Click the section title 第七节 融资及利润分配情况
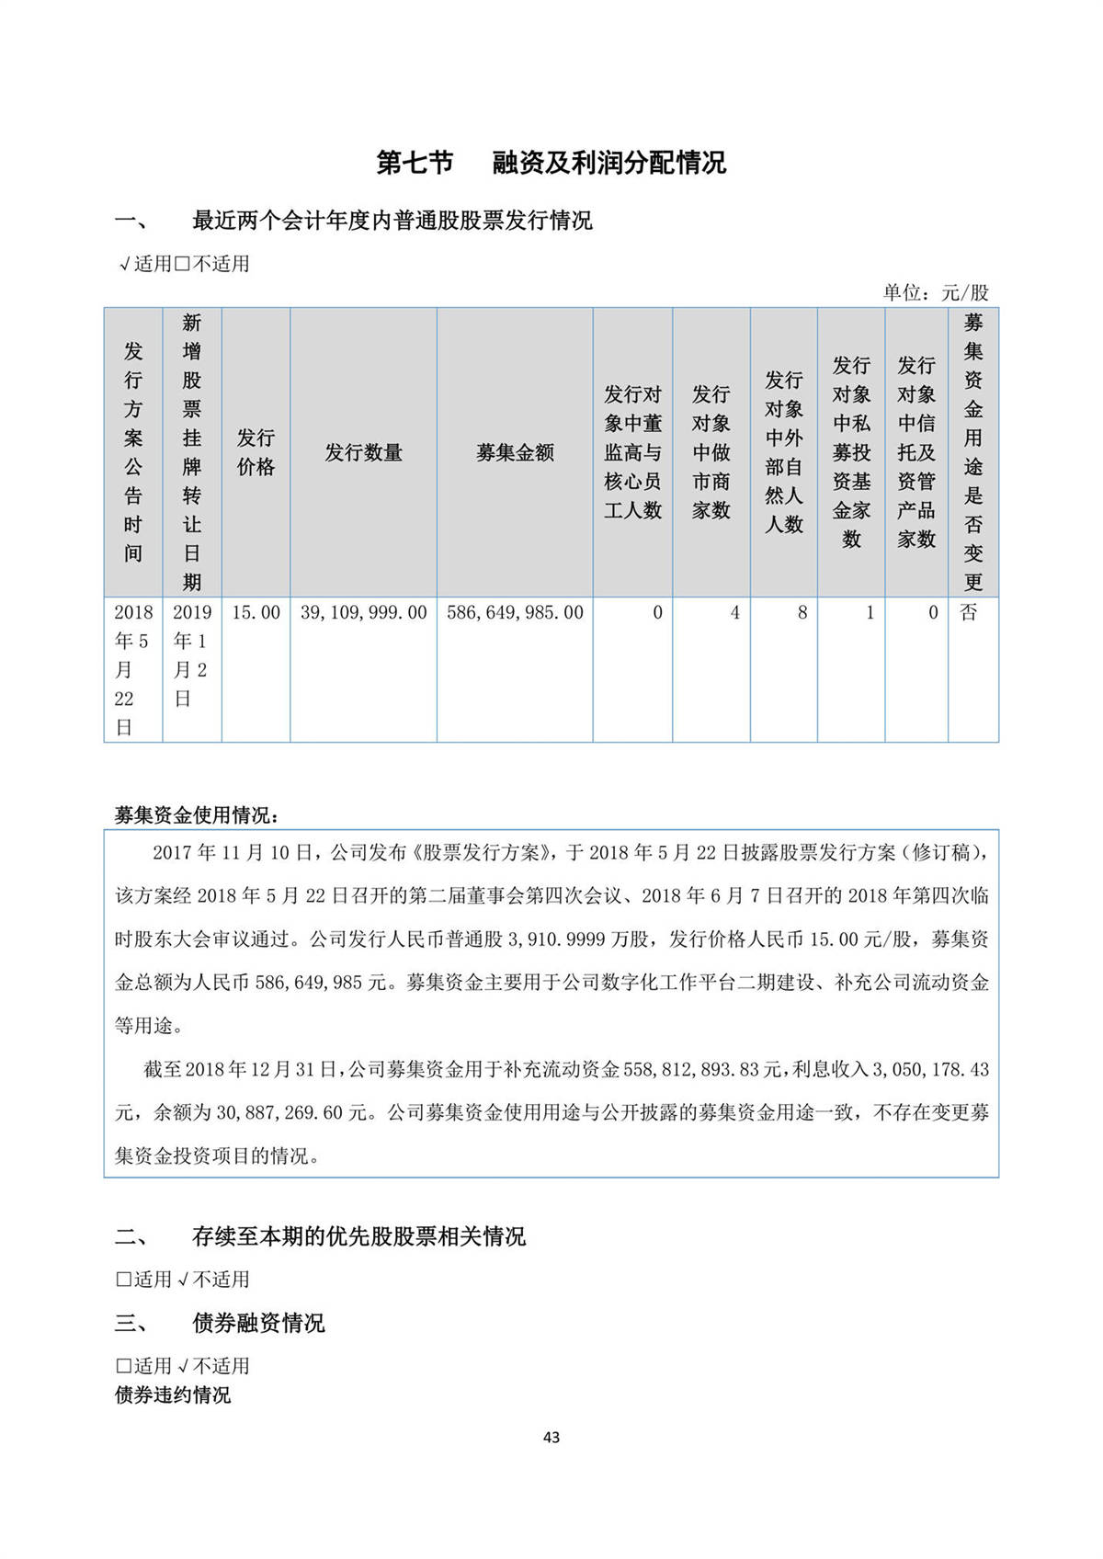click(x=551, y=163)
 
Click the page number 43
click(x=551, y=1437)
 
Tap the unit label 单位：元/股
click(x=936, y=292)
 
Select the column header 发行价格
click(x=256, y=452)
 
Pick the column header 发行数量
click(x=363, y=452)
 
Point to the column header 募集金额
click(x=515, y=452)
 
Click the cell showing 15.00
click(x=256, y=613)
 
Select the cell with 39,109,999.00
click(x=363, y=613)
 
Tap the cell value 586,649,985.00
click(x=515, y=613)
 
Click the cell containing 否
click(x=969, y=613)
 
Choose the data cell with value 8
click(x=802, y=613)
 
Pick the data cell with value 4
click(x=734, y=613)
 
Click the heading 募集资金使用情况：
click(x=196, y=815)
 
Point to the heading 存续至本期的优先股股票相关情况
click(x=358, y=1236)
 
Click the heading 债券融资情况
click(x=258, y=1323)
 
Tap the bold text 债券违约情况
click(x=173, y=1394)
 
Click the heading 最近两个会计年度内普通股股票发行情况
click(x=392, y=221)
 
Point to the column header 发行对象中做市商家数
click(x=711, y=452)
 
